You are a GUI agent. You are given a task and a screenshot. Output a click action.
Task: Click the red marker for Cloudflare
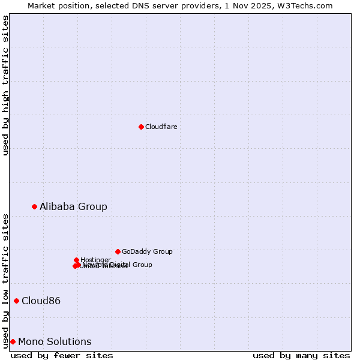point(141,127)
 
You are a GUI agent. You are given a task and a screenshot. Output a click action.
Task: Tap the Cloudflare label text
point(161,127)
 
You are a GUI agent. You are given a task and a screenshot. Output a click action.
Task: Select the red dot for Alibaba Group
point(35,206)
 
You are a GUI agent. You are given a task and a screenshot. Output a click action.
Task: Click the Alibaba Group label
point(73,206)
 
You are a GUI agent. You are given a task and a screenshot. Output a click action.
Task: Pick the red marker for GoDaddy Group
point(118,251)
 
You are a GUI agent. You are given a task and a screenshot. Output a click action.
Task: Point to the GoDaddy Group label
point(147,251)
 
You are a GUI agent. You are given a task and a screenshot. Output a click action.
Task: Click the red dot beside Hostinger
point(77,260)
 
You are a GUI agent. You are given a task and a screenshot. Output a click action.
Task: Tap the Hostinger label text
point(96,260)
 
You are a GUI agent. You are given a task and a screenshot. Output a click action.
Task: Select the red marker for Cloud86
point(16,301)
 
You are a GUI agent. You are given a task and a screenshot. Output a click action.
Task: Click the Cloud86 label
point(41,301)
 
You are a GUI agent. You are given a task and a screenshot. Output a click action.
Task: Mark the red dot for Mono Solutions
point(13,341)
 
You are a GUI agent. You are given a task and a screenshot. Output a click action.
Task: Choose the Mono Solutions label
point(55,341)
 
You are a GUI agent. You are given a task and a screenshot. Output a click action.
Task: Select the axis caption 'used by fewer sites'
point(62,355)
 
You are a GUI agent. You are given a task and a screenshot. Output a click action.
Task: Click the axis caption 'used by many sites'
point(301,355)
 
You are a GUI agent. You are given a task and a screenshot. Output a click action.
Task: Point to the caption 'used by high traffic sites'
point(5,85)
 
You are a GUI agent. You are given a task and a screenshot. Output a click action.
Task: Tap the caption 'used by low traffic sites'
point(5,280)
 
